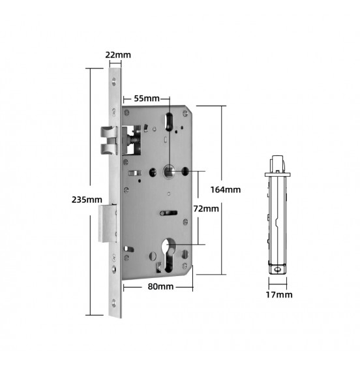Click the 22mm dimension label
tap(118, 55)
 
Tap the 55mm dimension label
tap(147, 99)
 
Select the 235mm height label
tap(87, 200)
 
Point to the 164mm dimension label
tap(226, 190)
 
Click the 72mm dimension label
tap(206, 209)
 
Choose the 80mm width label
tap(160, 286)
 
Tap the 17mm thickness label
tap(279, 295)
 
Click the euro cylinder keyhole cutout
tap(169, 255)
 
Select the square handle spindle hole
tap(169, 172)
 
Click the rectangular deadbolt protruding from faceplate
tap(108, 223)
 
